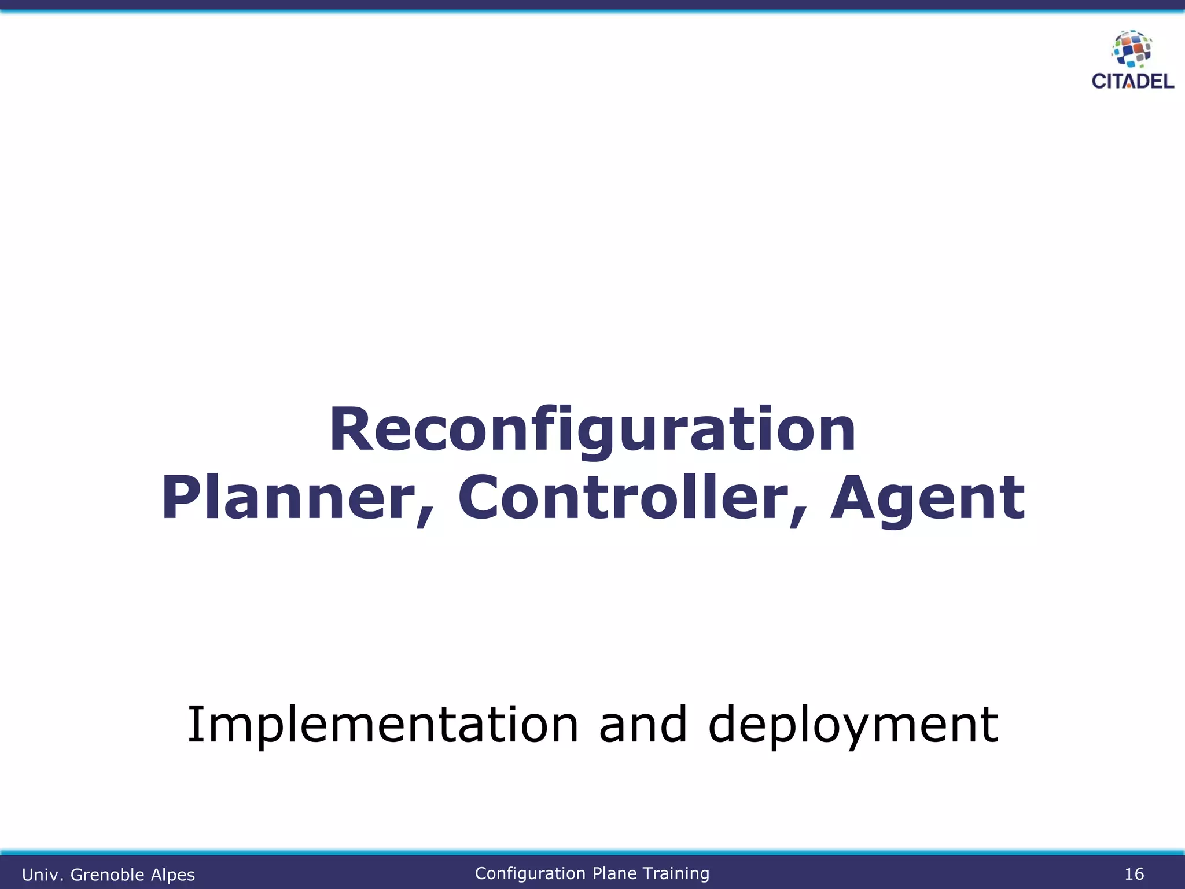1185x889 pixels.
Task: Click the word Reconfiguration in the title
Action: pos(592,430)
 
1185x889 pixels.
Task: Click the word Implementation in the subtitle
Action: pos(382,725)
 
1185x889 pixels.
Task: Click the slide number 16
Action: pos(1134,874)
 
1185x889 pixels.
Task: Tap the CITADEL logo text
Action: pos(1132,81)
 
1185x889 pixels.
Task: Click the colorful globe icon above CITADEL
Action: pos(1132,49)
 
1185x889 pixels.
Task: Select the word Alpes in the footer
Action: pos(172,875)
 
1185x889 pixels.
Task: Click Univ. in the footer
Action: pos(43,875)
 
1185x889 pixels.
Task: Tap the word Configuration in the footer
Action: pos(530,873)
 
